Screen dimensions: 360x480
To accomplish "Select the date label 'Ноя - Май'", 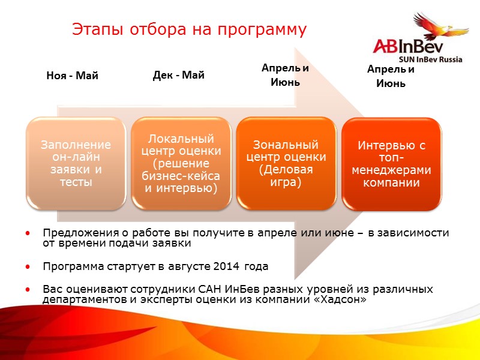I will click(72, 76).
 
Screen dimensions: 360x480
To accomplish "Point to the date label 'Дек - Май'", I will click(179, 75).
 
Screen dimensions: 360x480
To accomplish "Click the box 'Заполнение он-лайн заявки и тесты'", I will click(76, 163).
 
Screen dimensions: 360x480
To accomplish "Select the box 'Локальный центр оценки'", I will click(181, 163).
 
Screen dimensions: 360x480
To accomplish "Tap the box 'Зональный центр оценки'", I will click(286, 163).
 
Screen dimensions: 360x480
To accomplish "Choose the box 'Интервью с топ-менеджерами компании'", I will click(391, 163).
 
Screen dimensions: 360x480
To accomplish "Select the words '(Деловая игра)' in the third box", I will click(286, 175).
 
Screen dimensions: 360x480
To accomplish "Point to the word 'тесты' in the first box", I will click(76, 181).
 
